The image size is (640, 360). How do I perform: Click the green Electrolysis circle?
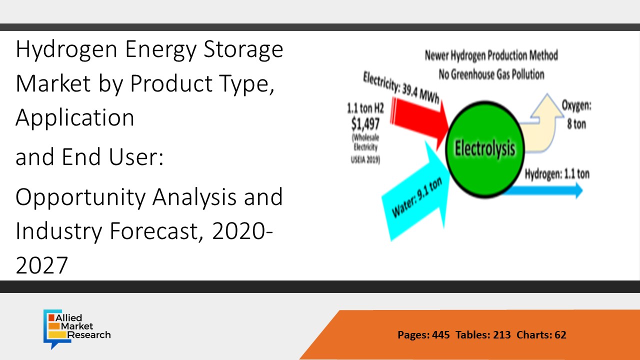485,149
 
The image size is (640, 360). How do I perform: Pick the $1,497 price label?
365,124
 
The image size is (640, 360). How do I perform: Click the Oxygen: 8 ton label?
576,114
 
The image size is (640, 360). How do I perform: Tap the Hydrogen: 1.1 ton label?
557,174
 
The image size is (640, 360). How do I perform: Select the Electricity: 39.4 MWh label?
401,87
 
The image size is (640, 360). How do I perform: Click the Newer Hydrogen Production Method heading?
491,55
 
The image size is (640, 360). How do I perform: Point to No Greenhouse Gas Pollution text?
491,74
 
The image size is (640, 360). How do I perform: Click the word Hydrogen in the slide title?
66,49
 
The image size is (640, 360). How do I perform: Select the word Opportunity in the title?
80,197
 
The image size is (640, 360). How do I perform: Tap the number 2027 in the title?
42,265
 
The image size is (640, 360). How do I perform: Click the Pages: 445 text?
423,334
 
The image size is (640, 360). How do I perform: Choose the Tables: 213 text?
483,334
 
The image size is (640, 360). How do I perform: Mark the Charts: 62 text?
541,334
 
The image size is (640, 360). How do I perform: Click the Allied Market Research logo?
77,329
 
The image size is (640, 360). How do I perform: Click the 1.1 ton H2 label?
365,108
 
